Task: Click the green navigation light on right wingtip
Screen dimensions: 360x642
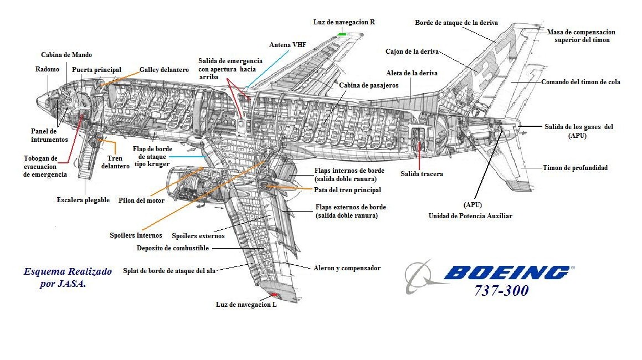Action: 342,34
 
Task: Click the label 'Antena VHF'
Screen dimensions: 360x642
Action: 287,45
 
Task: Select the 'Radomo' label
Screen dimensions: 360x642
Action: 47,69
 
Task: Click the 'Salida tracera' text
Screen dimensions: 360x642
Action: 422,174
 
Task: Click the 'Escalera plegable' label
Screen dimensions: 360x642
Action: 83,200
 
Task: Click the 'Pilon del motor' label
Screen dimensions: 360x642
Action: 141,200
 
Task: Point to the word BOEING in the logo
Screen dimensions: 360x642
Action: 505,272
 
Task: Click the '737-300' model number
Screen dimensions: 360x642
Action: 501,291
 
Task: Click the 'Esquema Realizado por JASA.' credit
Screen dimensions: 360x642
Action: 67,277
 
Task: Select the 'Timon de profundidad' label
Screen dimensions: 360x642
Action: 575,168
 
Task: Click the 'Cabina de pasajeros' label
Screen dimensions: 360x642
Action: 368,85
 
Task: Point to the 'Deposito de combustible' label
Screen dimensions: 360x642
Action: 173,248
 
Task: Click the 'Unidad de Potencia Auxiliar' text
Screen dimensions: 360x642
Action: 470,216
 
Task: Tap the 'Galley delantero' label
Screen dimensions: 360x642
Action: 164,70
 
